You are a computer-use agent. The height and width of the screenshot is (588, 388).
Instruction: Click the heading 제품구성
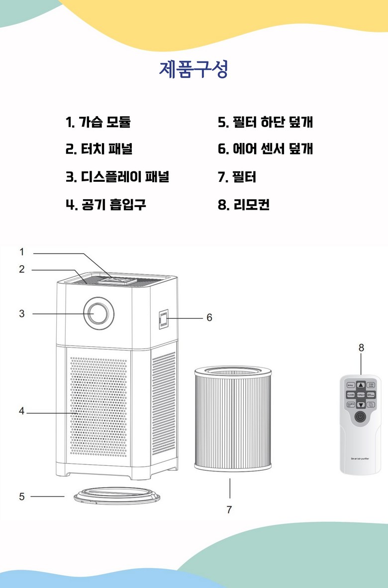pyautogui.click(x=194, y=70)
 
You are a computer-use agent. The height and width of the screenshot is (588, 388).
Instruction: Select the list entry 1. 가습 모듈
pyautogui.click(x=98, y=122)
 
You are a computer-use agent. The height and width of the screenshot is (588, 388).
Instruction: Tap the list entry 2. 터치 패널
pyautogui.click(x=99, y=149)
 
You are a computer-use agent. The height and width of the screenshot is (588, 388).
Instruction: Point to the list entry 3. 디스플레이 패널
pyautogui.click(x=117, y=176)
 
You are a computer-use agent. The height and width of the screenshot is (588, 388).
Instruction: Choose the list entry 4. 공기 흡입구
pyautogui.click(x=106, y=204)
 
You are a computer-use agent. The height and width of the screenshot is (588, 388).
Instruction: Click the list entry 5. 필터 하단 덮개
pyautogui.click(x=265, y=122)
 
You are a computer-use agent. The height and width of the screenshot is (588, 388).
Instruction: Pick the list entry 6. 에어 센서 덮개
pyautogui.click(x=265, y=149)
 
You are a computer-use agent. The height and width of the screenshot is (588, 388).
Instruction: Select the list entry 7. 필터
pyautogui.click(x=237, y=176)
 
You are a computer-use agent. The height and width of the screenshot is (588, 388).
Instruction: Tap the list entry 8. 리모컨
pyautogui.click(x=243, y=204)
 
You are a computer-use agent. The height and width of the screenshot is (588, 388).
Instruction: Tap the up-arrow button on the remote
pyautogui.click(x=361, y=385)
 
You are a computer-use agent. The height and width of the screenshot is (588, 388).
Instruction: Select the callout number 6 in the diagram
pyautogui.click(x=209, y=317)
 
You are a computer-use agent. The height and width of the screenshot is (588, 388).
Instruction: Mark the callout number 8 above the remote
pyautogui.click(x=361, y=348)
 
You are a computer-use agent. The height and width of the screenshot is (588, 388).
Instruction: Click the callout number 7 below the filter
pyautogui.click(x=229, y=510)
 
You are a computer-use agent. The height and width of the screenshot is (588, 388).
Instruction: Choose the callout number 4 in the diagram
pyautogui.click(x=22, y=411)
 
